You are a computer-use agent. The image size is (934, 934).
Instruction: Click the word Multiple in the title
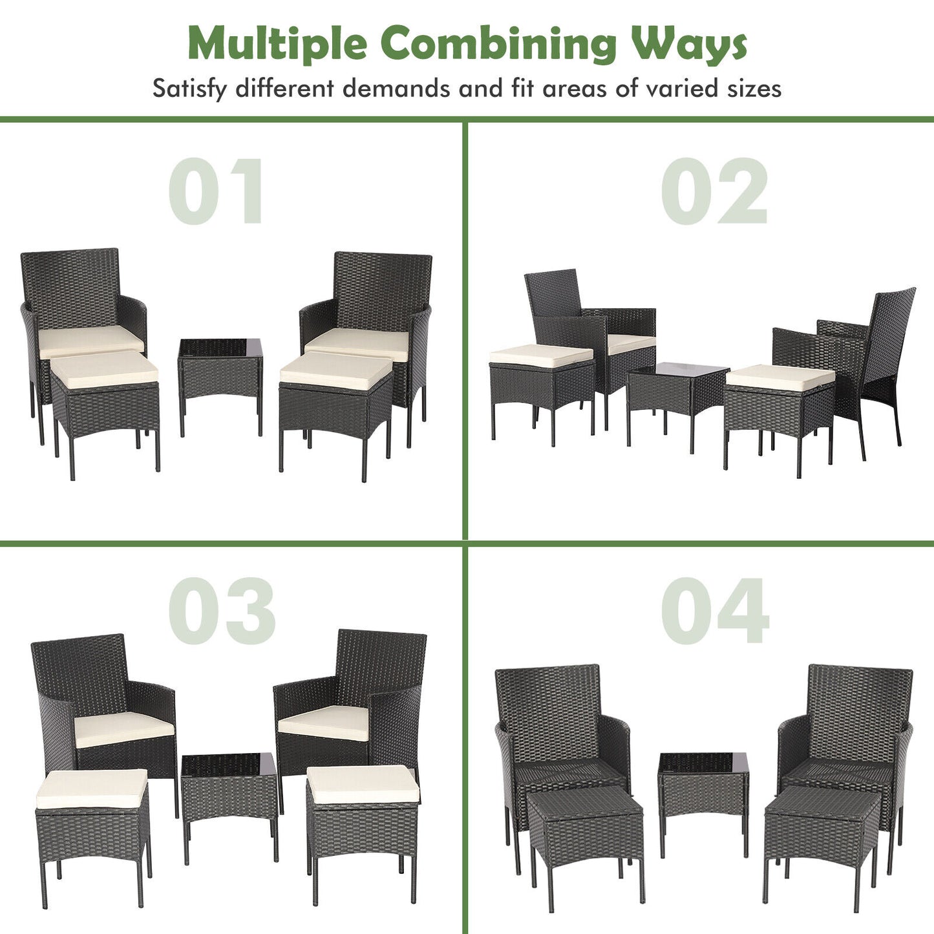point(277,44)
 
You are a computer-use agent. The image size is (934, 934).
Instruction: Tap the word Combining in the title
point(503,44)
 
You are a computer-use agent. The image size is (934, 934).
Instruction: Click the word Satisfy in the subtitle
point(189,89)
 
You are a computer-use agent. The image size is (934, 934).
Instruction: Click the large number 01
point(217,191)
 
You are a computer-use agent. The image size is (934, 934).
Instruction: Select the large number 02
point(714,191)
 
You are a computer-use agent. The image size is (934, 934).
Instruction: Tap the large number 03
point(222,611)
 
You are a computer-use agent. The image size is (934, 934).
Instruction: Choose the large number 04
point(715,611)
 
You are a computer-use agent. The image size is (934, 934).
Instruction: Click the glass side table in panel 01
point(220,375)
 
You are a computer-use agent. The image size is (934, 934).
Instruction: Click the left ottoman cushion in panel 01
point(105,369)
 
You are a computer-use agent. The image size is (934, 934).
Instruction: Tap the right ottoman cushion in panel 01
point(336,370)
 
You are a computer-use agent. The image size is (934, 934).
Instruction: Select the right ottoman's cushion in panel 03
point(363,784)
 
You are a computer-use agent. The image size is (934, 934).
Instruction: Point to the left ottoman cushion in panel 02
point(541,356)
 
